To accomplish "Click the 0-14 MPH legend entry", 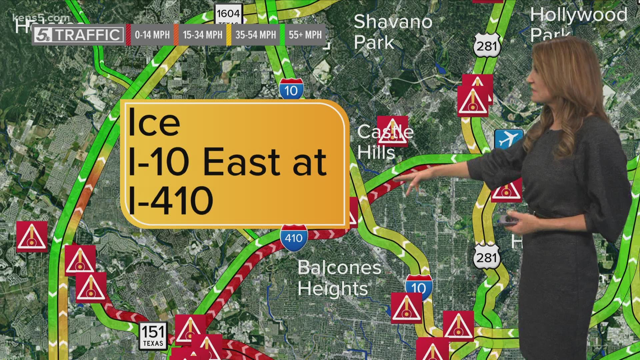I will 152,35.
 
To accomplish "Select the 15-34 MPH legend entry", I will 202,35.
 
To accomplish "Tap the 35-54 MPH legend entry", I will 255,35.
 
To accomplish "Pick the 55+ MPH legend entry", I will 305,35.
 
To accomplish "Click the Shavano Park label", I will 393,32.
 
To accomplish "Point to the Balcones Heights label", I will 339,278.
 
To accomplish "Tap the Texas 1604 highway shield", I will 228,14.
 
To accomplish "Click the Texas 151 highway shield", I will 153,335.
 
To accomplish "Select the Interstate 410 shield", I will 294,237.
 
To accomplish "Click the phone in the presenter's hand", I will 509,220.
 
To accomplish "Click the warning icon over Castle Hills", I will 392,131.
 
